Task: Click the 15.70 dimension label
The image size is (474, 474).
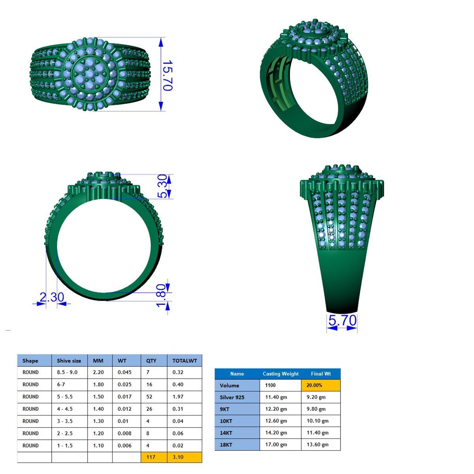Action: [x=168, y=75]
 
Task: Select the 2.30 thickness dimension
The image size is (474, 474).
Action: [x=51, y=297]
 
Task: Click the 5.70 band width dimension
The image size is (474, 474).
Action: [x=342, y=320]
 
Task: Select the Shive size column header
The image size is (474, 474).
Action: [x=69, y=360]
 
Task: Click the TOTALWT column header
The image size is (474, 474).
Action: [x=184, y=360]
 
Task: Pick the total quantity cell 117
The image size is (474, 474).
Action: [x=151, y=457]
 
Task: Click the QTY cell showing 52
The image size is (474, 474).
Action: [x=150, y=397]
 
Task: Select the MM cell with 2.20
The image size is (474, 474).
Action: [x=98, y=372]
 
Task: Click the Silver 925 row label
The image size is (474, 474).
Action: [x=232, y=397]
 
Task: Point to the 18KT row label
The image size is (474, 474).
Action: [x=226, y=444]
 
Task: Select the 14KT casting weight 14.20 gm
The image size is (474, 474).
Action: [x=276, y=433]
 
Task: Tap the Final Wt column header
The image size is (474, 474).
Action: [x=320, y=374]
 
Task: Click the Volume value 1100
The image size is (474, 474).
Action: [x=271, y=385]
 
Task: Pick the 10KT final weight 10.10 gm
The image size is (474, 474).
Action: [x=318, y=421]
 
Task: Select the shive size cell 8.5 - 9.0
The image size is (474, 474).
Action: [x=67, y=372]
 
